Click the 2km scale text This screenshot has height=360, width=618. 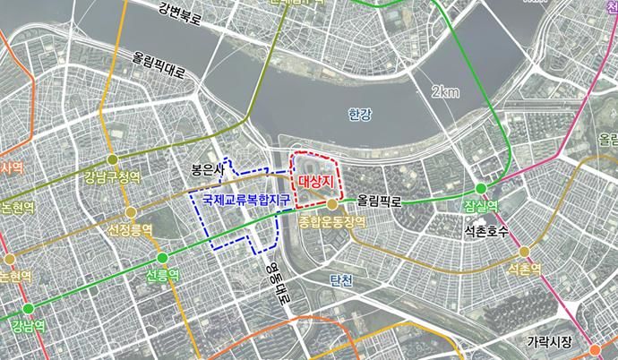click(444, 92)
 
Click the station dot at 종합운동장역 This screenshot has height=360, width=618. click(331, 204)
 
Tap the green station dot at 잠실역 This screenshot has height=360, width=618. click(481, 188)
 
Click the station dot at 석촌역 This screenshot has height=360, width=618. click(525, 252)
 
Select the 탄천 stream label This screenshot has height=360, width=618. click(341, 280)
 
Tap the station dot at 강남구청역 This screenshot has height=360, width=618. click(112, 159)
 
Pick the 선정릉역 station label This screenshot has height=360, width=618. click(131, 230)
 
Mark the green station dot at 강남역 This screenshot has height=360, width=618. click(28, 309)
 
